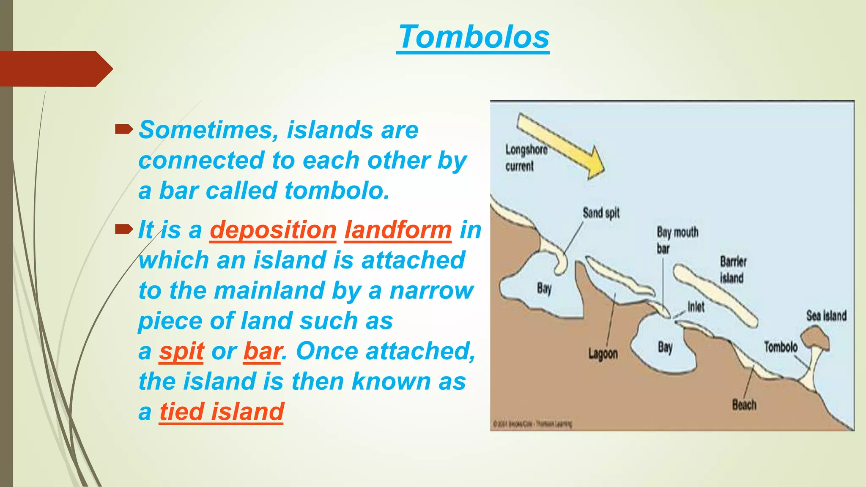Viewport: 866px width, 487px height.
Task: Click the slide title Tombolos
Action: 474,37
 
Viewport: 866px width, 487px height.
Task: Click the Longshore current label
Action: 526,158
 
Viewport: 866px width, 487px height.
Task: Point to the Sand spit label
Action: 601,213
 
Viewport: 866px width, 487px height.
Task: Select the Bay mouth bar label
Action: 677,240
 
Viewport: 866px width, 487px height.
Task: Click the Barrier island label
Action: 733,270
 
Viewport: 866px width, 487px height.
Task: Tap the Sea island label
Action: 826,315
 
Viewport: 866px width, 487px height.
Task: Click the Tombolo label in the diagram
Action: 780,347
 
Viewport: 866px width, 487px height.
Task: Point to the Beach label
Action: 744,405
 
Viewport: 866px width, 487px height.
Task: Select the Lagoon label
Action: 603,353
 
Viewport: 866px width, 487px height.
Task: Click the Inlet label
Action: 696,306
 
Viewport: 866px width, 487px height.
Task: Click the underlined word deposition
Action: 273,230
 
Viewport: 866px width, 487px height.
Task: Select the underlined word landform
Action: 398,230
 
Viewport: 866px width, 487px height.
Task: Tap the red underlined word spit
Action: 181,351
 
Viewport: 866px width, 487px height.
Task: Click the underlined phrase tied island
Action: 221,412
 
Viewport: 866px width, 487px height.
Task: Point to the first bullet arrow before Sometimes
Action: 123,129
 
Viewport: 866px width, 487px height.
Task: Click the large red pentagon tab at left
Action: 53,68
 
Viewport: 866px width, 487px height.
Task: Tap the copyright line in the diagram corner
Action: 532,423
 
